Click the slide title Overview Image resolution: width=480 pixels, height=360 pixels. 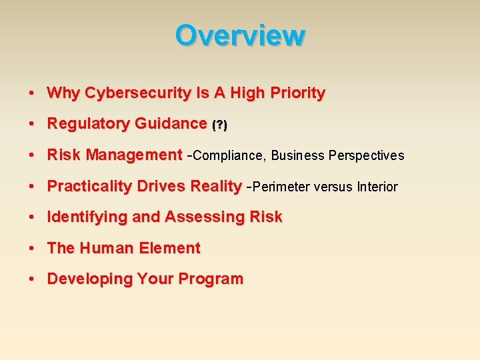(240, 35)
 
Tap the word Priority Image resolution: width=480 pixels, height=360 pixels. (296, 93)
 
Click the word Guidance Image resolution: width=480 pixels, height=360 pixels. (171, 124)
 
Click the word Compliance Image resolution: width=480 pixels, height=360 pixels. (229, 156)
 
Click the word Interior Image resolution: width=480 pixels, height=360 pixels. (377, 187)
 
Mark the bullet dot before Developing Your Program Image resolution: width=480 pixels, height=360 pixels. (31, 279)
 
